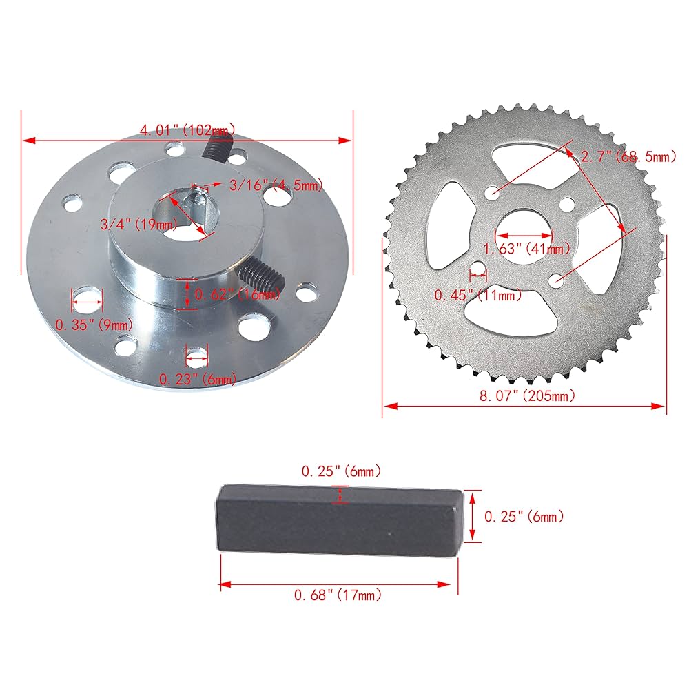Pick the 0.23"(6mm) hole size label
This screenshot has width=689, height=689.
(198, 378)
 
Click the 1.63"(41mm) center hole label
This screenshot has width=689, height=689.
(527, 249)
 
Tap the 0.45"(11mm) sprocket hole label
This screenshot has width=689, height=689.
(477, 296)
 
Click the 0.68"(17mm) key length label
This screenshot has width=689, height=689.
(337, 595)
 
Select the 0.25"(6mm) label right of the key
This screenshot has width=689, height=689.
(524, 516)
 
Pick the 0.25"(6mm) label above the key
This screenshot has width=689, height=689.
(340, 472)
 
